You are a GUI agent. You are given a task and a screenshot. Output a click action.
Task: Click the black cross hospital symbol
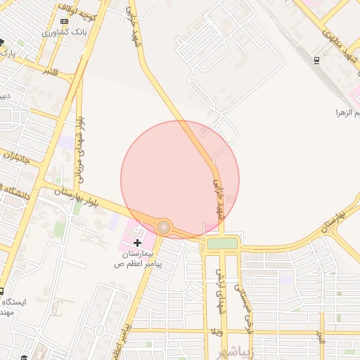tap(137, 242)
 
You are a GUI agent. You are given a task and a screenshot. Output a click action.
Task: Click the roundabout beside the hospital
tap(164, 227)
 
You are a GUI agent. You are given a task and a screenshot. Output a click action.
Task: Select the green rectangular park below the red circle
tap(222, 243)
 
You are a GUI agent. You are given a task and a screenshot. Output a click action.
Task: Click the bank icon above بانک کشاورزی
tap(64, 21)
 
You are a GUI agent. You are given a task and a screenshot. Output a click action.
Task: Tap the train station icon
tap(317, 60)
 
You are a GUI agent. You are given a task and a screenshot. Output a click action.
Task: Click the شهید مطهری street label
tap(336, 46)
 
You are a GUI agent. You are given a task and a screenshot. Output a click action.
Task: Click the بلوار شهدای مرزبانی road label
tap(81, 146)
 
